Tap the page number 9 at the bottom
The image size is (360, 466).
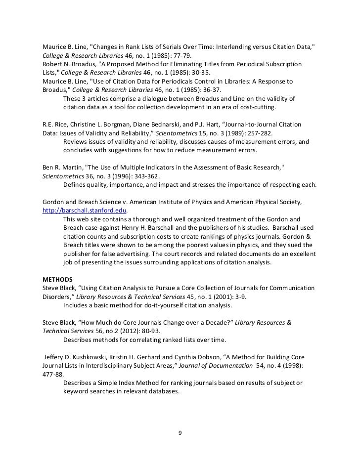(180, 433)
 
